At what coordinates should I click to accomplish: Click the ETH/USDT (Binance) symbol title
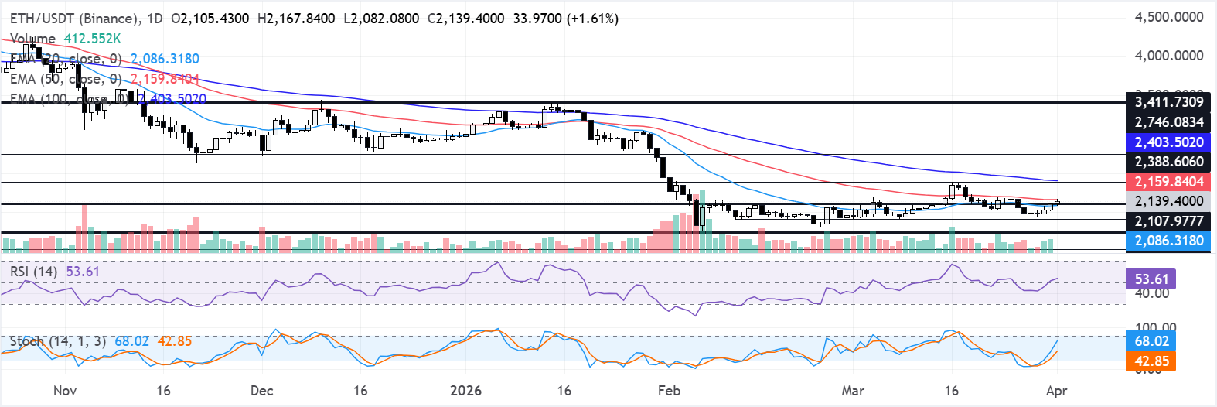coord(74,18)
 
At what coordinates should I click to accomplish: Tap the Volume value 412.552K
coord(92,38)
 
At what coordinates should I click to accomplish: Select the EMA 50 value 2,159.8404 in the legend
coord(165,79)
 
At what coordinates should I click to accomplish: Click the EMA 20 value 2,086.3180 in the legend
coord(165,59)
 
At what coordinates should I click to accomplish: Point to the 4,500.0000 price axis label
coord(1168,17)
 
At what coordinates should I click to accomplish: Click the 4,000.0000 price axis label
coord(1168,56)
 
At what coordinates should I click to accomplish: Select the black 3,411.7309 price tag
coord(1168,102)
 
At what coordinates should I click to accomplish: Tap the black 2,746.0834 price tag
coord(1168,122)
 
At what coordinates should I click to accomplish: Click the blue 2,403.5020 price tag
coord(1168,142)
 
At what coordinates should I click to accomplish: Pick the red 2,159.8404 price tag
coord(1168,182)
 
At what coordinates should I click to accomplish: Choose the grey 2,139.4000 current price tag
coord(1168,201)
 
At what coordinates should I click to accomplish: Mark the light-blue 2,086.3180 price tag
coord(1168,241)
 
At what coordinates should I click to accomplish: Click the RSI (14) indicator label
coord(32,272)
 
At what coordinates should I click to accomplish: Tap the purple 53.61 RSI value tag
coord(1151,279)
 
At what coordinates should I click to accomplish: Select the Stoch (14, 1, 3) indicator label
coord(57,341)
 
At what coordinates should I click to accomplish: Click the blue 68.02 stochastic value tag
coord(1151,341)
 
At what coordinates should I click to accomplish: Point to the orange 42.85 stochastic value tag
coord(1151,361)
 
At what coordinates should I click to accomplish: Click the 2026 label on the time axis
coord(465,391)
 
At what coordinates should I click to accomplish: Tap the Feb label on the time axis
coord(669,391)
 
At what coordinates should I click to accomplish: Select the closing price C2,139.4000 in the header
coord(465,18)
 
